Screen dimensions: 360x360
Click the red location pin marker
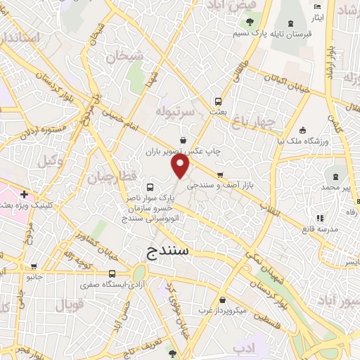coord(181,167)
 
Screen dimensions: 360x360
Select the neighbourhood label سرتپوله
coord(173,112)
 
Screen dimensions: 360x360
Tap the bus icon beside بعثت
coord(218,101)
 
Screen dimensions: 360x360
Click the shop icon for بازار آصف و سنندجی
coord(221,175)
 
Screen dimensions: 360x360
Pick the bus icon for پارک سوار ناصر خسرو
coord(150,188)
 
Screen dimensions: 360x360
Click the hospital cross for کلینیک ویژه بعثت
coord(25,194)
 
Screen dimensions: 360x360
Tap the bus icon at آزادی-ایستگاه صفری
coord(112,274)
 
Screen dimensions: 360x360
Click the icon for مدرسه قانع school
coord(321,218)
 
